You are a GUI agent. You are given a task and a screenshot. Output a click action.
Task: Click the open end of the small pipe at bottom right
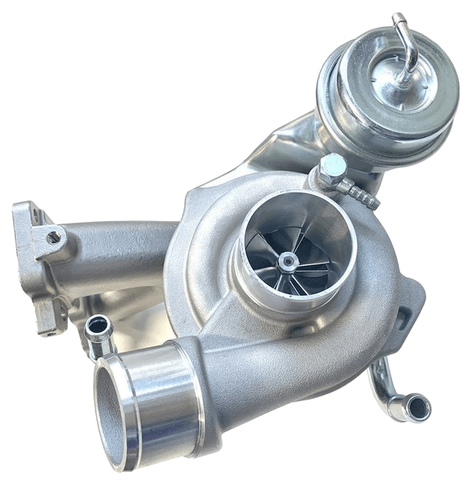[417, 406]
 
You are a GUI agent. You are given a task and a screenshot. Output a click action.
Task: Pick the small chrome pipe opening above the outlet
[98, 325]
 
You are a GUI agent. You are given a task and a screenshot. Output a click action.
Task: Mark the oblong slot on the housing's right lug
[403, 317]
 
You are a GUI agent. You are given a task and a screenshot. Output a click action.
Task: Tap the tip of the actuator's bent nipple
[398, 18]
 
